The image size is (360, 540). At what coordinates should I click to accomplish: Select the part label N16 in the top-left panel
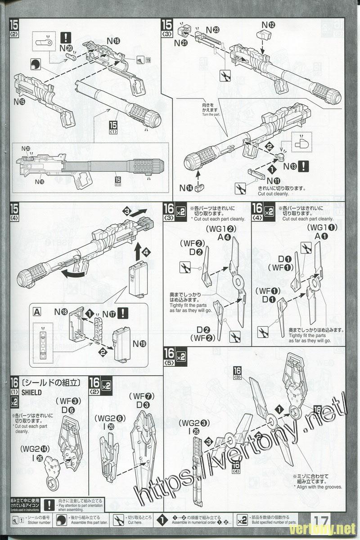(113, 41)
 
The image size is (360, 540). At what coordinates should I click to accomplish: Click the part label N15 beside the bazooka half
(19, 102)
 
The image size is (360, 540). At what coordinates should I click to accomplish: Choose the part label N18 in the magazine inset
(61, 311)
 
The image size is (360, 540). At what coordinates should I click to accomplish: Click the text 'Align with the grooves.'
(319, 487)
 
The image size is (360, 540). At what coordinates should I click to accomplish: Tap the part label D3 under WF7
(143, 405)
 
